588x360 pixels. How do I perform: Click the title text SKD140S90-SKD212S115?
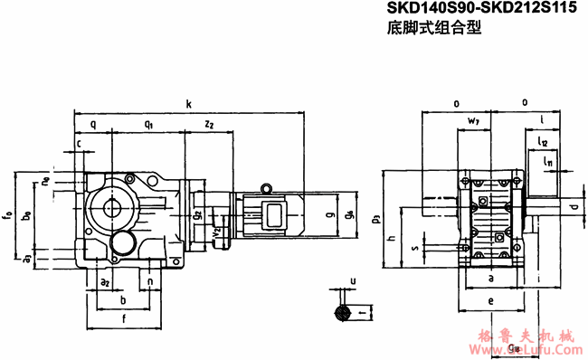(482, 10)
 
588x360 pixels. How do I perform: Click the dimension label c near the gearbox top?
(79, 143)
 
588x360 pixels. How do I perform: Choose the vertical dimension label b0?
(27, 216)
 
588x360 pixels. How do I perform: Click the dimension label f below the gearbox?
(123, 318)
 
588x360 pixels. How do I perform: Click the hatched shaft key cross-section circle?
(342, 313)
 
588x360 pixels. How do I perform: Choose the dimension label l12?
(543, 142)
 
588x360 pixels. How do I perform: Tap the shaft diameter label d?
(574, 208)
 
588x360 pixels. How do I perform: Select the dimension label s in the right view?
(413, 246)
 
